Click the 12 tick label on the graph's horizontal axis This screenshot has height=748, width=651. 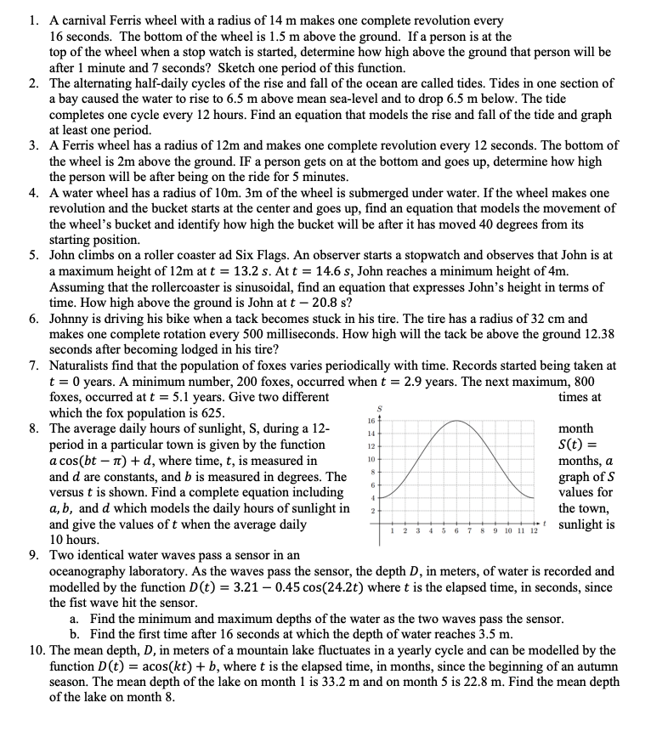pyautogui.click(x=534, y=531)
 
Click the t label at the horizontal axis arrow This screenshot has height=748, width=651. pyautogui.click(x=549, y=524)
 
